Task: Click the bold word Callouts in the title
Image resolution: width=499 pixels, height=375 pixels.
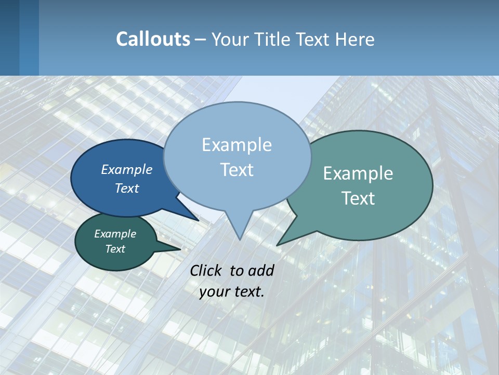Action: point(153,39)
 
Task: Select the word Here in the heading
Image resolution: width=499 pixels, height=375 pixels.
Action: point(354,39)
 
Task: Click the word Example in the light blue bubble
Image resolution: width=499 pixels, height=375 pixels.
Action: point(237,145)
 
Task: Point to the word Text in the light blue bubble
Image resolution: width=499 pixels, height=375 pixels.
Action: point(237,170)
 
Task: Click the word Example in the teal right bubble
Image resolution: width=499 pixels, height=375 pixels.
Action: point(358,173)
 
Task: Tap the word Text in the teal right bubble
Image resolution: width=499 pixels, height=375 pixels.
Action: point(358,198)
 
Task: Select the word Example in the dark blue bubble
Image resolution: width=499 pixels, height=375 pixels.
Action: point(127,169)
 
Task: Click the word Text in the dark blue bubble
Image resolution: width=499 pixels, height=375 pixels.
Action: point(127,188)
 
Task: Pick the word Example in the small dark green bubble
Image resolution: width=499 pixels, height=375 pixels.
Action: point(115,234)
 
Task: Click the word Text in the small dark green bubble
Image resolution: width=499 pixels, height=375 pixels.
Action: point(115,249)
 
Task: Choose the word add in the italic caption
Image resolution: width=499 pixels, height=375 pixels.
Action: point(261,270)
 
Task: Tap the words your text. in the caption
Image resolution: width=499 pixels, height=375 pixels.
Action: point(232,292)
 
